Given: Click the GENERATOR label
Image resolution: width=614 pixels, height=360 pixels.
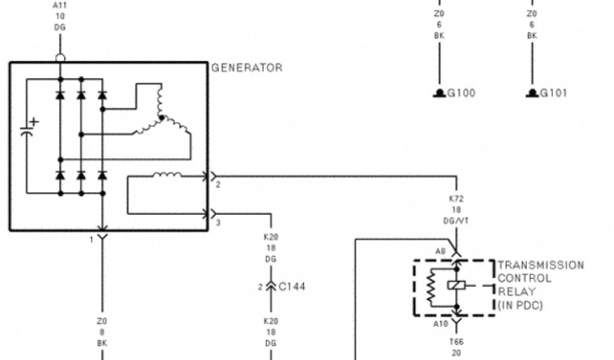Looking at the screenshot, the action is [246, 68].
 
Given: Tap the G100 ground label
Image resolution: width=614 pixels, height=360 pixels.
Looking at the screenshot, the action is [461, 93].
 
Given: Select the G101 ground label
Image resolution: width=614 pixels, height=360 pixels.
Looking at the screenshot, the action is [554, 93].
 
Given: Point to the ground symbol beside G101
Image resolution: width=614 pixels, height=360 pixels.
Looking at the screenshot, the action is [532, 93].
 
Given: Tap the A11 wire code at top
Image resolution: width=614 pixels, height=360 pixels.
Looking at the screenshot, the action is [60, 6].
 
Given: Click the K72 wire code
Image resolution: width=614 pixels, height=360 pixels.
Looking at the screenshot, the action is [456, 199].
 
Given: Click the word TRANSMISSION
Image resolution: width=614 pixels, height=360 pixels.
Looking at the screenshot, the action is [541, 265].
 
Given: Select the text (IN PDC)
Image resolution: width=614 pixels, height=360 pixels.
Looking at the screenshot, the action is [520, 305].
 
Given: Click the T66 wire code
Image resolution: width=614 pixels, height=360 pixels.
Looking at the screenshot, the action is [456, 342].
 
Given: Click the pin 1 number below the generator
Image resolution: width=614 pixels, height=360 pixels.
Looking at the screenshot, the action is [92, 239].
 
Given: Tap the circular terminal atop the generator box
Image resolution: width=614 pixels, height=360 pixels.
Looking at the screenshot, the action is [60, 58].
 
